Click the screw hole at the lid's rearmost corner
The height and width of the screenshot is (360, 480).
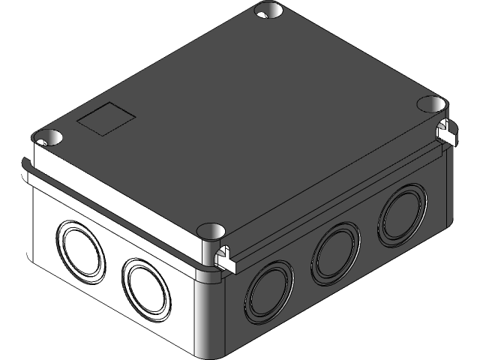click(x=267, y=10)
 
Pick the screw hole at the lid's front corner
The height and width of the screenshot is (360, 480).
click(x=213, y=230)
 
